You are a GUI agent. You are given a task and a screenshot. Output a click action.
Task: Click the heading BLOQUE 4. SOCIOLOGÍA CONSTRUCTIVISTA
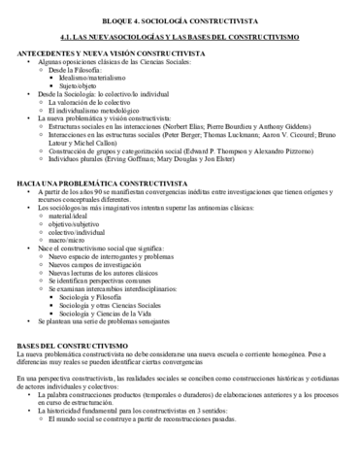click(180, 18)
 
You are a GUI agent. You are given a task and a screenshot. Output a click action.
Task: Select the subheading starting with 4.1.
click(180, 35)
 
